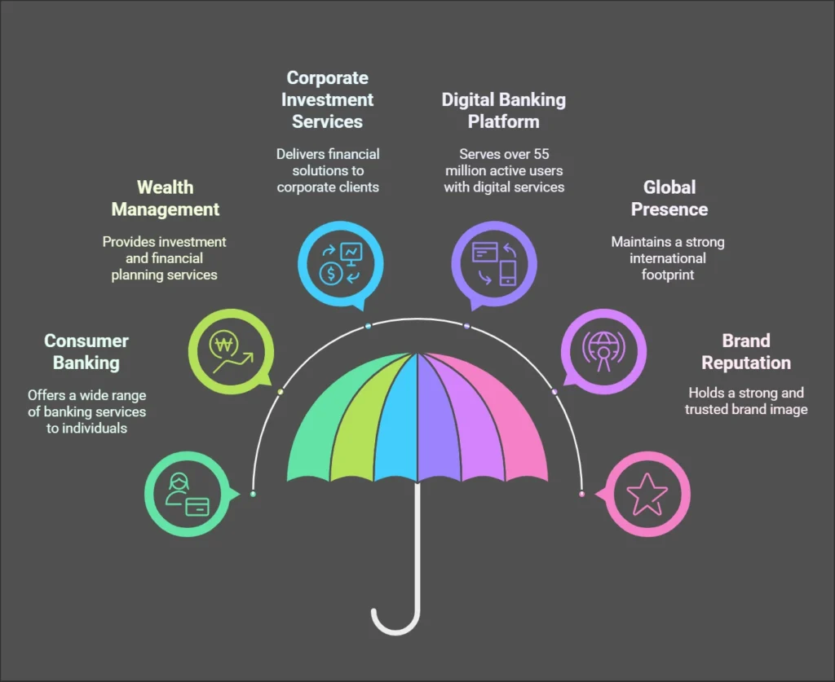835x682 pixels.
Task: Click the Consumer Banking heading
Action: (x=86, y=352)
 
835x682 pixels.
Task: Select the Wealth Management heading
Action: (x=166, y=198)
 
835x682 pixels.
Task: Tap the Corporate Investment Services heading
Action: (x=327, y=99)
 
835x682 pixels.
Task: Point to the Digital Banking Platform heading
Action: (x=503, y=111)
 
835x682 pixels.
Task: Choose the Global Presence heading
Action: (x=668, y=198)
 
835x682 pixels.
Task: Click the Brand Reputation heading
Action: (x=745, y=352)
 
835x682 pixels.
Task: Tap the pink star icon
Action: (x=647, y=494)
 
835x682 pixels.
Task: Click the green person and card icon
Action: (x=187, y=494)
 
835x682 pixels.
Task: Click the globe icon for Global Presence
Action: (x=603, y=350)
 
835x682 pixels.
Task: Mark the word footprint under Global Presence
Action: (x=667, y=275)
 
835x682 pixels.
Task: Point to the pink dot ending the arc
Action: (x=581, y=494)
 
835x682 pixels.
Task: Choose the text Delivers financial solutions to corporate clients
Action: (x=327, y=170)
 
